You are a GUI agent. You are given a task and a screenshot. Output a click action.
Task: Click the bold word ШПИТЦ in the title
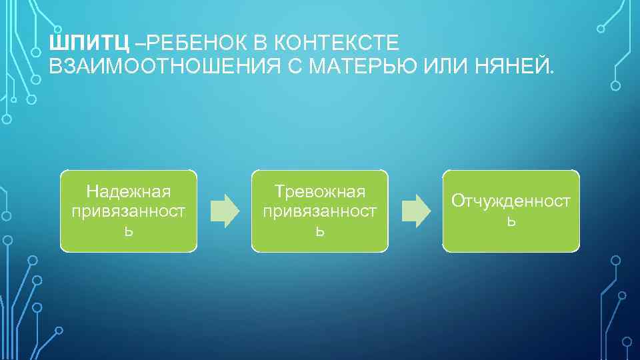[x=90, y=44]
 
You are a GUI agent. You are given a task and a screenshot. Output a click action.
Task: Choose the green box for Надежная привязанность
[x=129, y=211]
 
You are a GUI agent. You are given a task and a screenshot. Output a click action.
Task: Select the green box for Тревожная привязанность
[x=319, y=211]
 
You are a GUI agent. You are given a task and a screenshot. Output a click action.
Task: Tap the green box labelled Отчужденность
[x=511, y=211]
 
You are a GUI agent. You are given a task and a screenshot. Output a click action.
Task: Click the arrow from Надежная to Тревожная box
[x=224, y=210]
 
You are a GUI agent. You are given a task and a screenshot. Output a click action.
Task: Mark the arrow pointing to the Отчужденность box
[x=415, y=210]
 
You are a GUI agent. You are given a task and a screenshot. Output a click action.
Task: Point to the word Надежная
[x=129, y=192]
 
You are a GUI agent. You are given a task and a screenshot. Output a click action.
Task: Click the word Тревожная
[x=320, y=192]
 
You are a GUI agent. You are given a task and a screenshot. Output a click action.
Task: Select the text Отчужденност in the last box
[x=511, y=201]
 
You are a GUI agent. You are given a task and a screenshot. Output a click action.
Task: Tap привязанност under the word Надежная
[x=129, y=211]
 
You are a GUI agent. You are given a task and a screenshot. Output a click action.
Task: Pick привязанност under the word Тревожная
[x=320, y=211]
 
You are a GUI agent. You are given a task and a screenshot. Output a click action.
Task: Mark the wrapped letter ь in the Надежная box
[x=129, y=231]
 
